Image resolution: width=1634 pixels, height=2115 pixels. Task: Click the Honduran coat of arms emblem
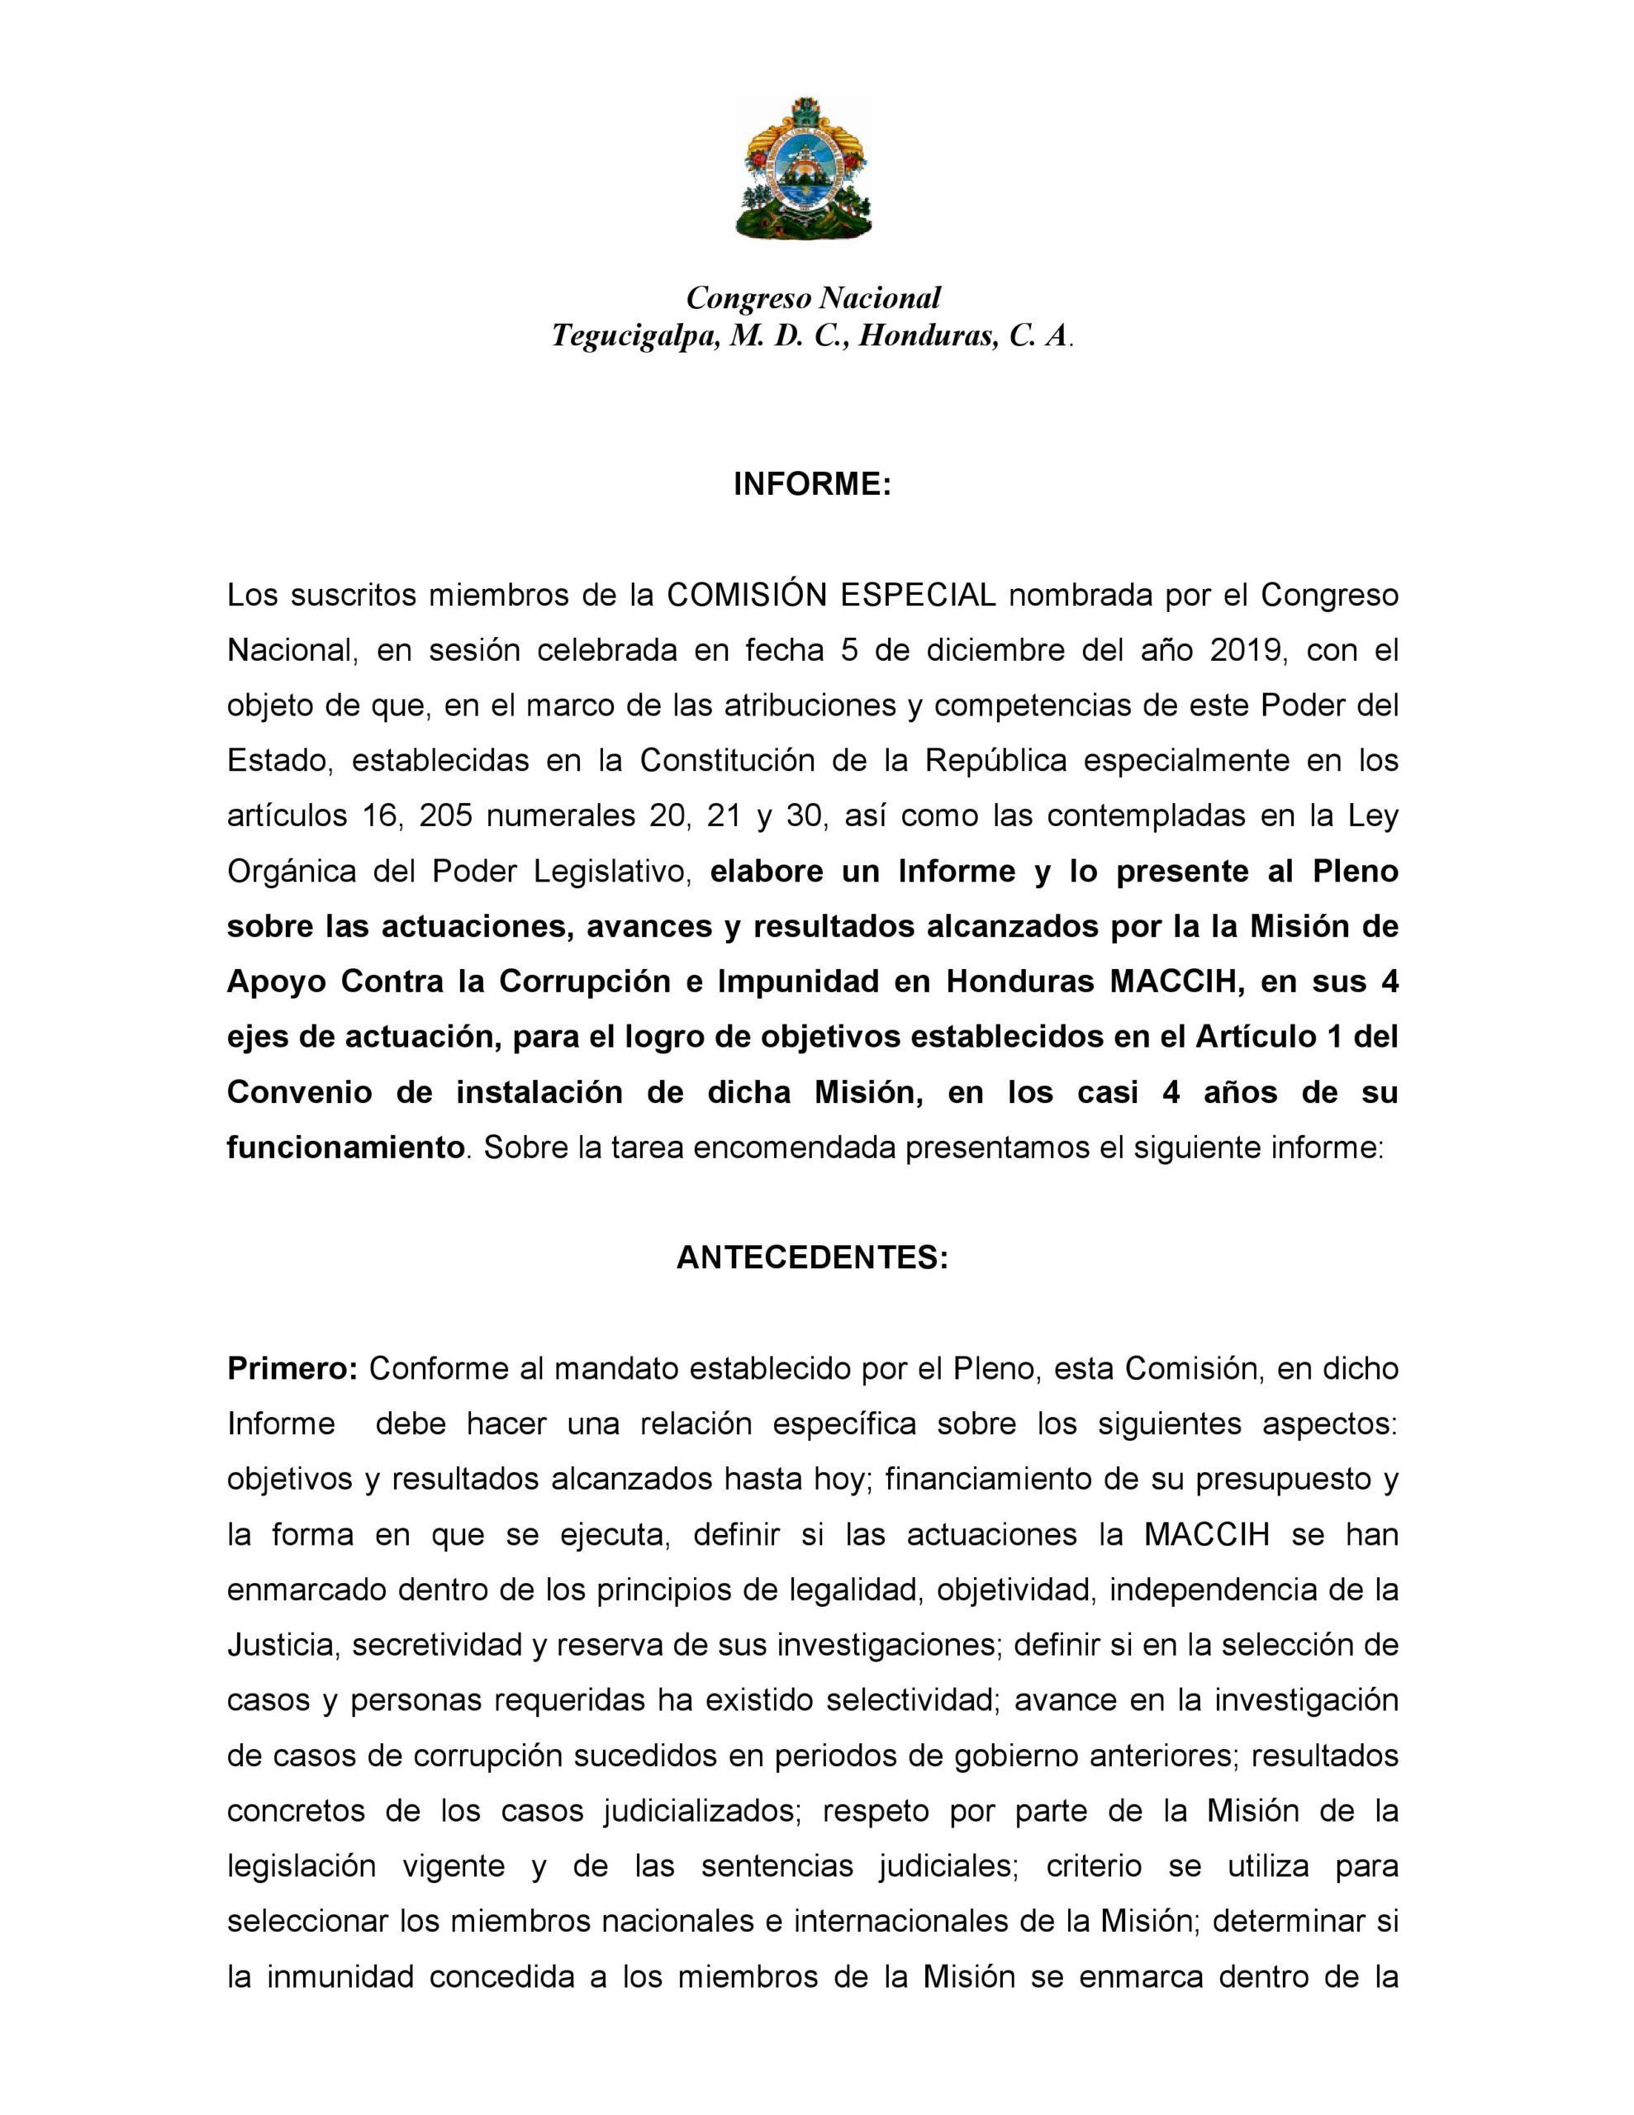click(x=803, y=169)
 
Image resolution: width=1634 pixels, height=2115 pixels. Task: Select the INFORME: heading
click(x=812, y=484)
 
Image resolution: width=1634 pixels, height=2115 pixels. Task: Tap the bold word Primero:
click(x=292, y=1368)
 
